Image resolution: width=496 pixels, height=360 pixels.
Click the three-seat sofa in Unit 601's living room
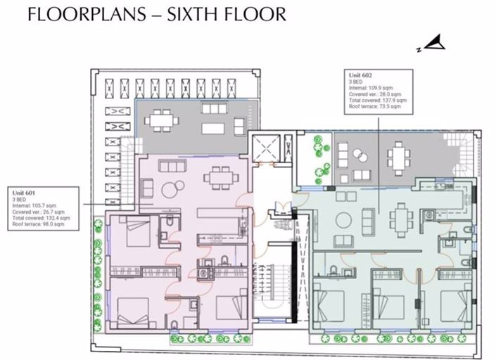[x=172, y=166]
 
